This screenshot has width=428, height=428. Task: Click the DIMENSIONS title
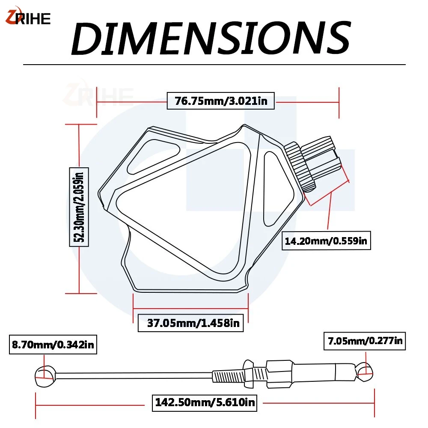click(211, 38)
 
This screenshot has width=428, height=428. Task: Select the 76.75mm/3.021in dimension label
click(220, 101)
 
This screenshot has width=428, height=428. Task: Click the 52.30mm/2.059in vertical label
click(79, 207)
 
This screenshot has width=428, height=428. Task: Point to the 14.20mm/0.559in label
click(326, 241)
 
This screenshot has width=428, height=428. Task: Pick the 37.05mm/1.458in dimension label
click(190, 323)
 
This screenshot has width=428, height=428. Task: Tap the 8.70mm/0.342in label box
click(53, 345)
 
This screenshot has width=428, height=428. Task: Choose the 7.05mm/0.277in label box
click(365, 341)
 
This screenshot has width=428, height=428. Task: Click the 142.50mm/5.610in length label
click(205, 402)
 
